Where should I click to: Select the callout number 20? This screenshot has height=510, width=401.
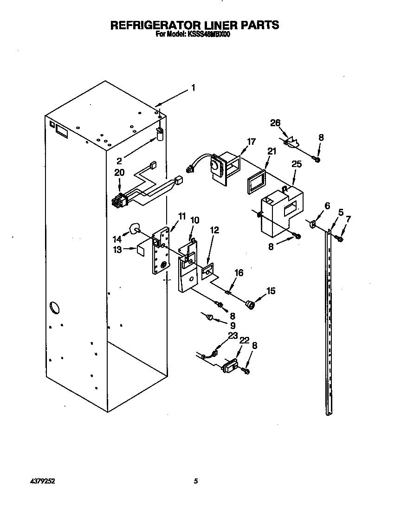pos(119,173)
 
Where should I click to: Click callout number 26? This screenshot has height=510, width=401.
pos(275,123)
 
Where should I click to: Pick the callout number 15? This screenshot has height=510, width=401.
pos(271,291)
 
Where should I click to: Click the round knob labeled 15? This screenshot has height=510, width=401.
pos(251,304)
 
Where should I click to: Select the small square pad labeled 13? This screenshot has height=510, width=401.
pos(139,249)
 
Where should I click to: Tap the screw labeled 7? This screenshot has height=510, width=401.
pos(340,239)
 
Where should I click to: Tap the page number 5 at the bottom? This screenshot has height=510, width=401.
pos(196,481)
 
